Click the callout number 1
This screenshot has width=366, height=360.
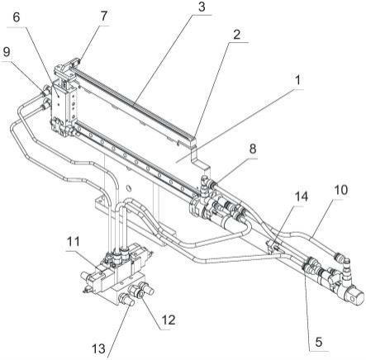coord(297,80)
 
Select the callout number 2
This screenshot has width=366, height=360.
coord(235,35)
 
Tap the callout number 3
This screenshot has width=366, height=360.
coord(202,7)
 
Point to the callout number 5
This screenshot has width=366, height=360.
coord(318,343)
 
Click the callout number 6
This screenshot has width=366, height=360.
coord(17,17)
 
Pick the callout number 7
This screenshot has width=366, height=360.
coord(103,16)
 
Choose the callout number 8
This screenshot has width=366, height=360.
coord(252,149)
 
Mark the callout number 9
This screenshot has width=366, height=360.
coord(7,52)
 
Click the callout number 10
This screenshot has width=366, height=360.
coord(341,190)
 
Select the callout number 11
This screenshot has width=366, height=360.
coord(73,241)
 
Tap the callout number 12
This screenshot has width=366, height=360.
coord(169,320)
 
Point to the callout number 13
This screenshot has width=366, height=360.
coord(98,349)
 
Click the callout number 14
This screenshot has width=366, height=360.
coord(302,197)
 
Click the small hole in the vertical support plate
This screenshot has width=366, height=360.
coord(128,188)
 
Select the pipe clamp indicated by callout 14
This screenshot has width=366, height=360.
coord(272,246)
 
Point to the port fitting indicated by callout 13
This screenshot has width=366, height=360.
coord(126,299)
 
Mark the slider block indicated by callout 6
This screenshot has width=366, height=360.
coord(64,106)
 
